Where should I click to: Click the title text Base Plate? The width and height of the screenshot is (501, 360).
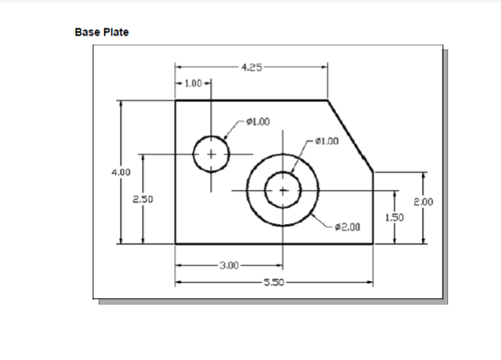101,32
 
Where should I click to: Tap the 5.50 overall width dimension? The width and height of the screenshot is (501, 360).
274,281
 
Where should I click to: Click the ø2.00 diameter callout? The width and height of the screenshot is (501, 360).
347,227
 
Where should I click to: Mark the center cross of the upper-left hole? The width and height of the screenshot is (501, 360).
211,153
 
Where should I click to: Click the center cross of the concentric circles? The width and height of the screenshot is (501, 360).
283,190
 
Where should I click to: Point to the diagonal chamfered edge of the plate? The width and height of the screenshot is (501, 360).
351,136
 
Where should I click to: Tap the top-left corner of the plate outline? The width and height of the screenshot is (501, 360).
175,100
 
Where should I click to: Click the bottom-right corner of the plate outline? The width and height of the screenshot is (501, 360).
373,244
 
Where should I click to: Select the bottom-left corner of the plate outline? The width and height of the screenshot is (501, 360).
175,244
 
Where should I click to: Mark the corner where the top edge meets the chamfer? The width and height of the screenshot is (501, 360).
327,100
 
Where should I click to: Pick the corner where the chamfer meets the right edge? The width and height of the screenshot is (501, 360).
373,171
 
